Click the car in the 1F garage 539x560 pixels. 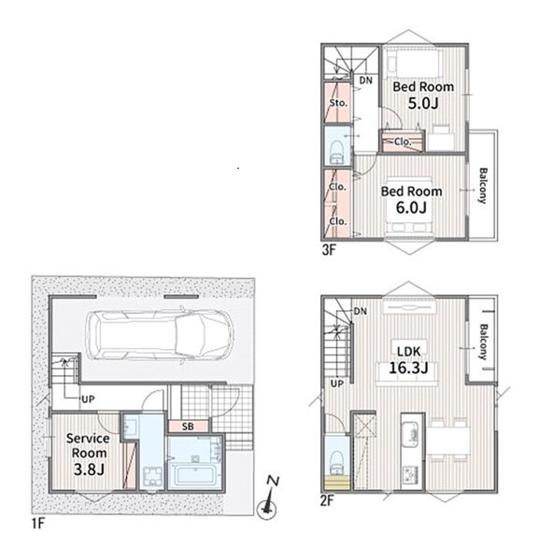click(159, 335)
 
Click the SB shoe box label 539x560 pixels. click(188, 427)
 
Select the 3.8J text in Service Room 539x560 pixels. click(89, 469)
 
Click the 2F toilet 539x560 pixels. click(336, 462)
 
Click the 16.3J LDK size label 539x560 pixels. click(408, 368)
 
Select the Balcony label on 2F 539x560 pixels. click(483, 342)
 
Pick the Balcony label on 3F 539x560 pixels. click(483, 186)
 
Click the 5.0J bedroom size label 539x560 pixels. click(423, 104)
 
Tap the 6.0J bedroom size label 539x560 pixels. click(411, 207)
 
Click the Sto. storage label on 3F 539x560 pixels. click(338, 103)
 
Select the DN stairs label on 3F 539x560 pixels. click(365, 80)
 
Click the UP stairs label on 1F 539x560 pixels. click(88, 399)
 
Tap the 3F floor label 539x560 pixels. click(329, 250)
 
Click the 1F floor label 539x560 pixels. click(38, 524)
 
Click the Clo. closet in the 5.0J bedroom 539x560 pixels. click(403, 142)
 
